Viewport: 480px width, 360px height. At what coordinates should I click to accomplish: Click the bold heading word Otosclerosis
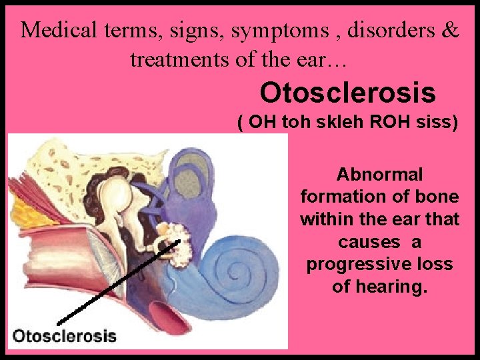tap(348, 93)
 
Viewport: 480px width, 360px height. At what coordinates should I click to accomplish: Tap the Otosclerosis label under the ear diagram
tap(65, 336)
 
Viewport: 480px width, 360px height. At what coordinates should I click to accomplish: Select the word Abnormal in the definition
tap(379, 175)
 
